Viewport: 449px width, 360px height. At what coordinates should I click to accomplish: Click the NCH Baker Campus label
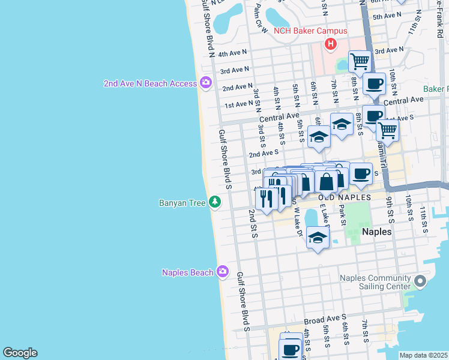(310, 31)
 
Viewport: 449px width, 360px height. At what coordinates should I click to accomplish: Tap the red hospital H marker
(330, 44)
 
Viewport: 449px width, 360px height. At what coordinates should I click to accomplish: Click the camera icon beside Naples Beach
(223, 272)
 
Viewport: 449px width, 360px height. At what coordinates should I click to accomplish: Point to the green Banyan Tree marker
(215, 203)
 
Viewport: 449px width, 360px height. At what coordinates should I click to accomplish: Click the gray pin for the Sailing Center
(420, 281)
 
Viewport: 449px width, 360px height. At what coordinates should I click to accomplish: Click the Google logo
(20, 353)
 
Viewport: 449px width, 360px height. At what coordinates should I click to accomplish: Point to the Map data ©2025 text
(423, 355)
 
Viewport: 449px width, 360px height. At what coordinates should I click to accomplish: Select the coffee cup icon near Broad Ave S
(291, 348)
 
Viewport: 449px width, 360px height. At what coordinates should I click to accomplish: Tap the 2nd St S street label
(253, 224)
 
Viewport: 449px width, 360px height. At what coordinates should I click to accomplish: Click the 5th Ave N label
(387, 16)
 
